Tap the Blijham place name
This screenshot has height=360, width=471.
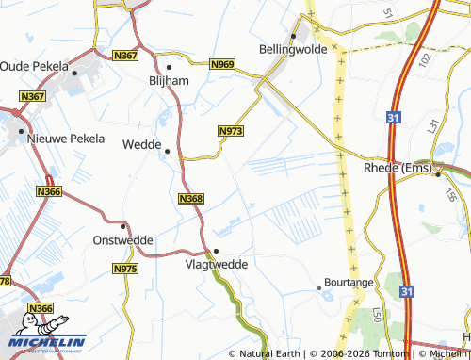pos(170,81)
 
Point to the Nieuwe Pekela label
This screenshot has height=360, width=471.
pos(61,139)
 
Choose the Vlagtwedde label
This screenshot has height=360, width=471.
pos(217,265)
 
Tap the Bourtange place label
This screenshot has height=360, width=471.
pos(349,282)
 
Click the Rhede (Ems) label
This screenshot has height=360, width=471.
pos(397,169)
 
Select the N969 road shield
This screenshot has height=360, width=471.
pos(222,63)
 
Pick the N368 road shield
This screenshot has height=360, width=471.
pos(190,198)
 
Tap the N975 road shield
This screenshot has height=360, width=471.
pos(124,270)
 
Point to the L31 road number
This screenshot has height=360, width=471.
pos(432,124)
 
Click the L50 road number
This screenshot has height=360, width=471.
pos(376,314)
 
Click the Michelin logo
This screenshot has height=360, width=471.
pos(47,343)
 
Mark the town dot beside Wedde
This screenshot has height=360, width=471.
pos(168,151)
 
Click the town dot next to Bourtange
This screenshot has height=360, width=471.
pos(318,289)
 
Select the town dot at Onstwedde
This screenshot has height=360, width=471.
pos(122,226)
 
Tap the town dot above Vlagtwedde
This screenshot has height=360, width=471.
pos(216,250)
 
